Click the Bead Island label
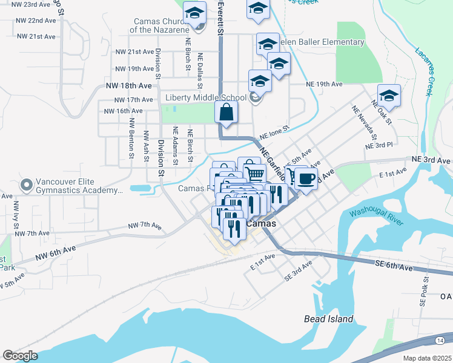pyautogui.click(x=328, y=318)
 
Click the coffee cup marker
pyautogui.click(x=306, y=179)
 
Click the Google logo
pyautogui.click(x=20, y=356)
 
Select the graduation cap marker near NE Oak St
pyautogui.click(x=389, y=96)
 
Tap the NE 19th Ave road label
pyautogui.click(x=325, y=84)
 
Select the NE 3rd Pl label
pyautogui.click(x=379, y=146)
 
